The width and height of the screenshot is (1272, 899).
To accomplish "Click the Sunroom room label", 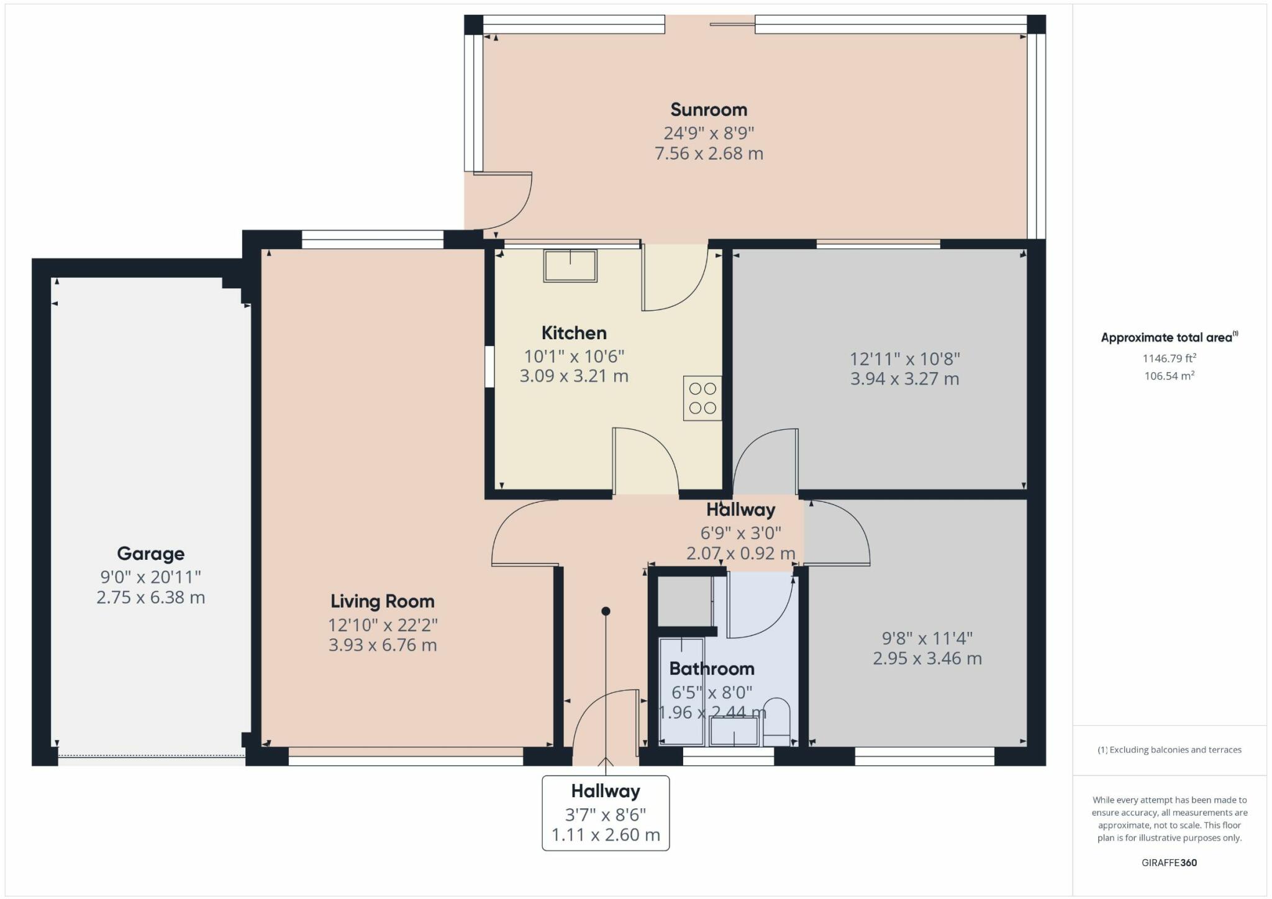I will (x=709, y=110).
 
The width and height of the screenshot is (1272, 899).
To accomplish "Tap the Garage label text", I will (x=151, y=554).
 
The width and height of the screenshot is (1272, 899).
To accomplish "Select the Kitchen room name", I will (x=574, y=333).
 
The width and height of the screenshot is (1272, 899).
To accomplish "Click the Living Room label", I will (x=383, y=601).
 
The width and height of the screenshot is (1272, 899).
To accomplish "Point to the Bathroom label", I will (x=712, y=669).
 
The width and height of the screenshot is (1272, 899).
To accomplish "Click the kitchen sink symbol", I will (x=570, y=266).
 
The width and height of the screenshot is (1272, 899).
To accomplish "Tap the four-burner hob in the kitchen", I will (x=702, y=398).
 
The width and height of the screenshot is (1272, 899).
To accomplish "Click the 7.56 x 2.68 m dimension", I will (x=709, y=153).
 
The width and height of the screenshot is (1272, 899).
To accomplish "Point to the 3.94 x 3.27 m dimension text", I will (x=904, y=379).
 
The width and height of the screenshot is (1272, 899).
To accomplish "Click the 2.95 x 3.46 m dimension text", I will (x=927, y=659).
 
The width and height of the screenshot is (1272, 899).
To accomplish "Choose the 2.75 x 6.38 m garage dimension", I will (x=151, y=598).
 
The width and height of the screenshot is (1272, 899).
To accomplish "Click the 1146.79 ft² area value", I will (x=1170, y=358).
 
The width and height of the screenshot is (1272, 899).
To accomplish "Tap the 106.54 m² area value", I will (x=1170, y=376).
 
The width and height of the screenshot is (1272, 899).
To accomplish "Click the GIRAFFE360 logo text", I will (x=1170, y=862).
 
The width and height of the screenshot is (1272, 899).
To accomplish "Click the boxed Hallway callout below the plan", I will (x=606, y=813).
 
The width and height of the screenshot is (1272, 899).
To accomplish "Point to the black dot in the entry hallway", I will (x=606, y=611).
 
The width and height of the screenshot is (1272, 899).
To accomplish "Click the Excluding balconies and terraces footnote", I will (x=1170, y=750).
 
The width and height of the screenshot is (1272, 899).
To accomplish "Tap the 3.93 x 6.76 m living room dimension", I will (x=383, y=646).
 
